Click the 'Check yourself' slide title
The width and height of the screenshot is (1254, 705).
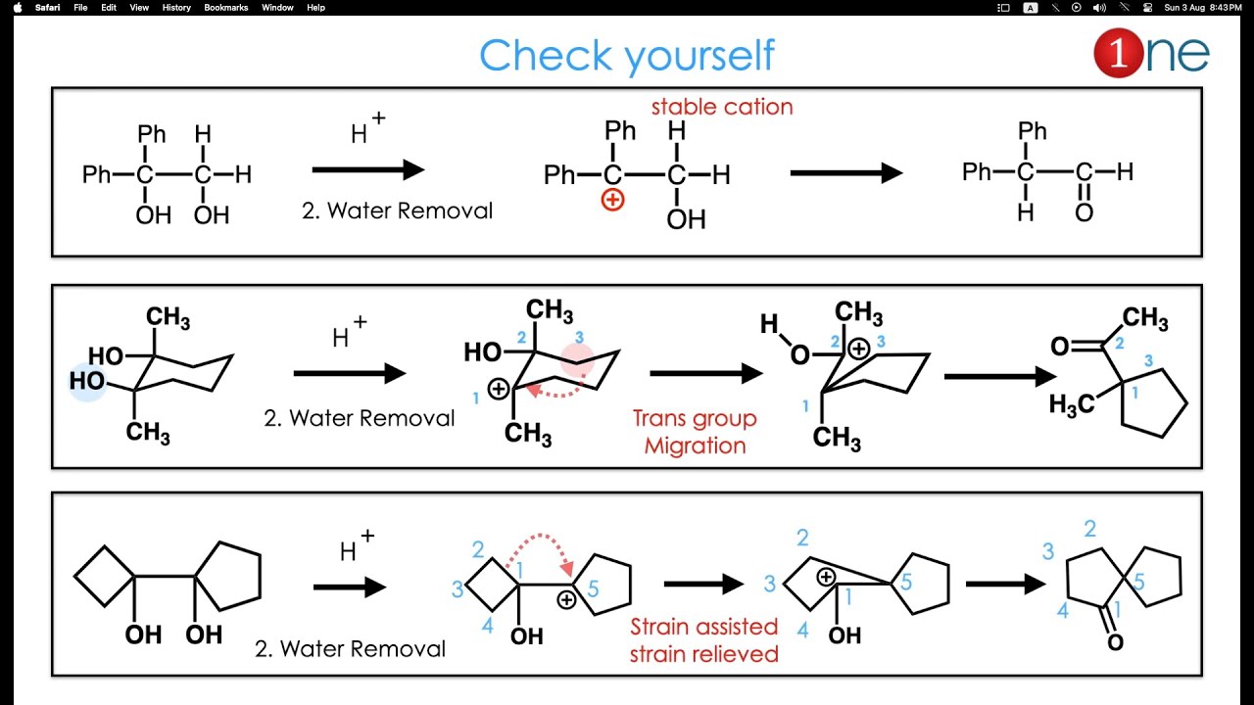point(626,56)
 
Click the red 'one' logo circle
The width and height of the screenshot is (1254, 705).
point(1119,54)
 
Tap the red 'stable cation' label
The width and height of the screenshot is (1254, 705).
point(722,107)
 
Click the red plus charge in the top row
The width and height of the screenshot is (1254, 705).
point(613,201)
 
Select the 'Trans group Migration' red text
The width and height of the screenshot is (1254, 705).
point(695,432)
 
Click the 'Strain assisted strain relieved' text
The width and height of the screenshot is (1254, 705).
point(703,639)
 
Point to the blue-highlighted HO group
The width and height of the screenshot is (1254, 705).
point(87,381)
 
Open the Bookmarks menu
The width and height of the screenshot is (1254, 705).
point(226,7)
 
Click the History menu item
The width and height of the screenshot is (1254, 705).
point(176,7)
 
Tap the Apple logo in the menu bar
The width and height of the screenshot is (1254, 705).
point(17,7)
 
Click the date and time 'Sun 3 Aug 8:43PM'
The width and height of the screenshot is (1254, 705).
point(1202,7)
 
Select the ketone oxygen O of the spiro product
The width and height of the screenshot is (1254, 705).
point(1115,642)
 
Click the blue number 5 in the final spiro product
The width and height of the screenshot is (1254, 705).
point(1138,583)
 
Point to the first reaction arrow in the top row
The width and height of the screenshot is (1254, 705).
point(367,170)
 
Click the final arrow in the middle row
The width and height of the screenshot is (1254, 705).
point(999,376)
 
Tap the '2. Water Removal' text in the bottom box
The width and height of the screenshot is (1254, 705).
point(350,648)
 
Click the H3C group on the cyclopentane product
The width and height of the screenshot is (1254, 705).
point(1071,404)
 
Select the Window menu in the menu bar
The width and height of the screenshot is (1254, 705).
point(277,7)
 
